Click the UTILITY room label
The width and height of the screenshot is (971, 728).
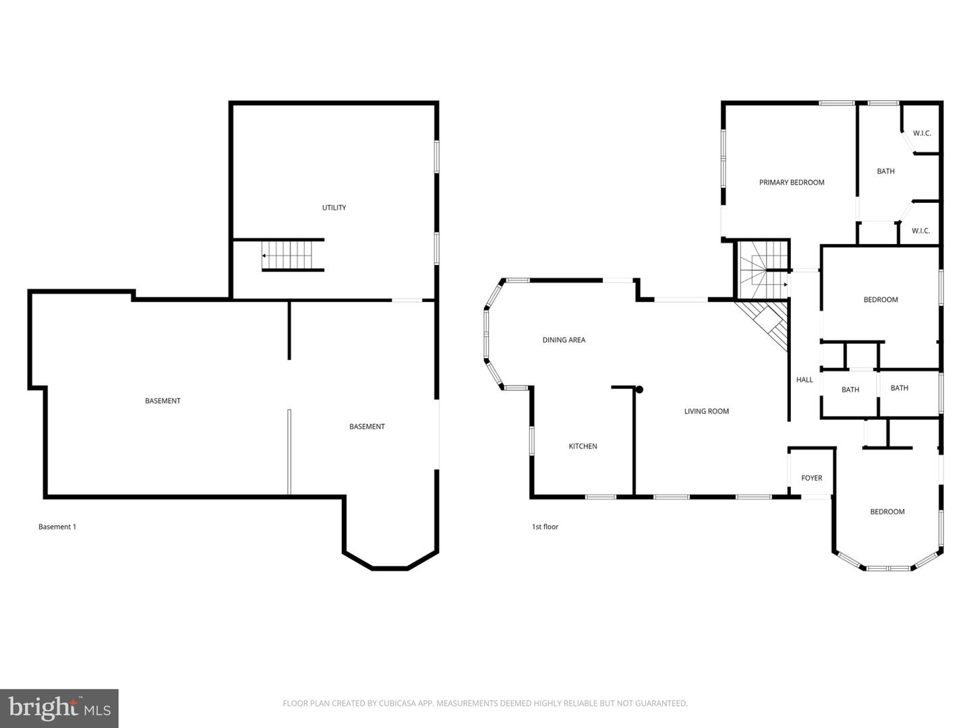[x=334, y=208]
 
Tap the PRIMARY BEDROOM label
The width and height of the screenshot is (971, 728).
[x=792, y=183]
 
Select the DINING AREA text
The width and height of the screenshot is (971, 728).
[x=564, y=340]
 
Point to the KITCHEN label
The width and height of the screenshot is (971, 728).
[x=583, y=446]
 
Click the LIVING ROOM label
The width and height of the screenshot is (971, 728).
[x=706, y=411]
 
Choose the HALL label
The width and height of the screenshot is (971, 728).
[x=804, y=380]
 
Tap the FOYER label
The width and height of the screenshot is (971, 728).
[x=811, y=478]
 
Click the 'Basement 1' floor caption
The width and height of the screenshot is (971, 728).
[x=57, y=526]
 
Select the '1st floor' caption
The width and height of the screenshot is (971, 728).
[x=545, y=526]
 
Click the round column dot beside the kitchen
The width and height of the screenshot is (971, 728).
[x=639, y=390]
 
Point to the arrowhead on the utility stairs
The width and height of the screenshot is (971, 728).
[x=264, y=256]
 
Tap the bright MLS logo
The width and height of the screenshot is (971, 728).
[x=59, y=708]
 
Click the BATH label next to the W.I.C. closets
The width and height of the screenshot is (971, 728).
[x=885, y=171]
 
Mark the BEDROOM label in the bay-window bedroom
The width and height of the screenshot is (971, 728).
[x=887, y=512]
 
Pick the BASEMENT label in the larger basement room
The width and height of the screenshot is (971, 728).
[x=163, y=401]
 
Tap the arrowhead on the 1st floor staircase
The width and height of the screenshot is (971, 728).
[x=785, y=284]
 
